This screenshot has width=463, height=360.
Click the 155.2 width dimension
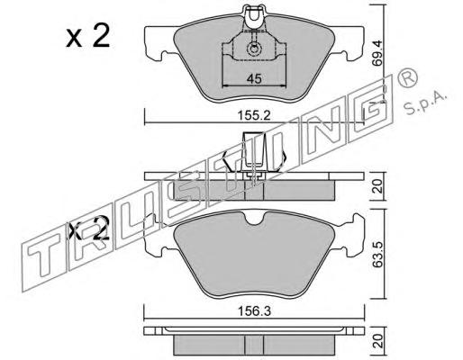tap(254, 115)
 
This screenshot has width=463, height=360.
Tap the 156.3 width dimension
tap(254, 311)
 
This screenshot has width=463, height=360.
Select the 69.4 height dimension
tap(377, 53)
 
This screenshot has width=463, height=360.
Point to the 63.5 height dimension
tap(377, 255)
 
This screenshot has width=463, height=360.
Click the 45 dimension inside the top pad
tap(254, 79)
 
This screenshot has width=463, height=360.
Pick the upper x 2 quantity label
tap(88, 37)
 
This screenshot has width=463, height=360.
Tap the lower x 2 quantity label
tap(88, 229)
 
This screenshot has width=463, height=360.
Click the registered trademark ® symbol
tap(407, 77)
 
